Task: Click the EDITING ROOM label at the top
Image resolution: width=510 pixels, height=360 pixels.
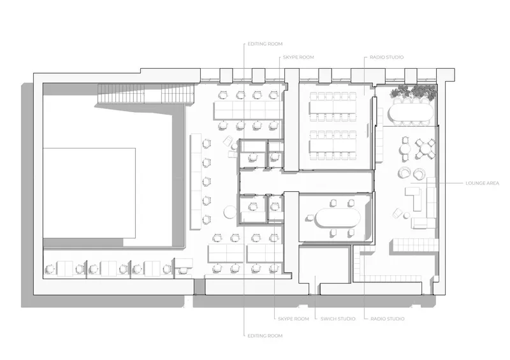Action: [x=265, y=44]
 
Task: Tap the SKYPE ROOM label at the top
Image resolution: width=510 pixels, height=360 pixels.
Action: [x=298, y=57]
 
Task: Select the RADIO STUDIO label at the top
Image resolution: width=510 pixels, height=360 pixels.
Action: [x=387, y=57]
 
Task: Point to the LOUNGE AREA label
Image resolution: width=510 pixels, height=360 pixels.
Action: [x=482, y=184]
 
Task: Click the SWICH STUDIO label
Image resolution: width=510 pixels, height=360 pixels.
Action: [x=338, y=319]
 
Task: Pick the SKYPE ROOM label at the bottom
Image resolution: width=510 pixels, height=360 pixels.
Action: [x=293, y=319]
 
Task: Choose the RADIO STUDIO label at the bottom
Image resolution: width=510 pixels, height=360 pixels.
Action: [x=388, y=319]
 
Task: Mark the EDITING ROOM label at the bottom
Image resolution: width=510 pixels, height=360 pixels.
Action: [x=265, y=336]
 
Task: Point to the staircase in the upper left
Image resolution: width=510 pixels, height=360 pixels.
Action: [x=146, y=93]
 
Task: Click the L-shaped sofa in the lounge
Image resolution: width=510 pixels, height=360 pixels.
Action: [x=414, y=198]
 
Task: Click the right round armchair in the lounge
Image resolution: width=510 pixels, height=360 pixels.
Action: [x=420, y=173]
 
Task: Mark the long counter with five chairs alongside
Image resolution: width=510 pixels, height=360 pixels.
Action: [x=196, y=181]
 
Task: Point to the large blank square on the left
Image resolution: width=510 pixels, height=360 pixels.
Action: [x=89, y=193]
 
